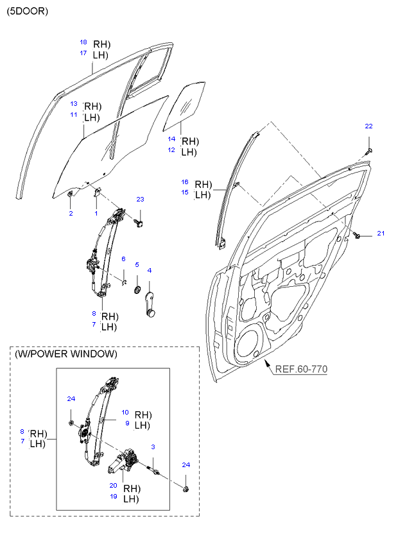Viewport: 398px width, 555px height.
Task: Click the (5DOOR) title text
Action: pyautogui.click(x=28, y=11)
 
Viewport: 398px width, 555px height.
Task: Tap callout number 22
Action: pyautogui.click(x=368, y=126)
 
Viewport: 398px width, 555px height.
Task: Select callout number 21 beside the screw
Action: pyautogui.click(x=379, y=233)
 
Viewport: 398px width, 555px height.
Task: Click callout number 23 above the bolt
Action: pyautogui.click(x=140, y=200)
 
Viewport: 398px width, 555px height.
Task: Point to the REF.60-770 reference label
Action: pyautogui.click(x=300, y=370)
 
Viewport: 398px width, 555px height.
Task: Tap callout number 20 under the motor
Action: pyautogui.click(x=113, y=486)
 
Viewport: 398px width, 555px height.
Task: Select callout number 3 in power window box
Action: pyautogui.click(x=153, y=447)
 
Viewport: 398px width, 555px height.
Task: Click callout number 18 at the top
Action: pyautogui.click(x=83, y=42)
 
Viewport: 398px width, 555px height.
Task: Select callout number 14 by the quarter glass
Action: pyautogui.click(x=171, y=139)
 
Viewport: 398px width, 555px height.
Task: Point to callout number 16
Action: pyautogui.click(x=184, y=182)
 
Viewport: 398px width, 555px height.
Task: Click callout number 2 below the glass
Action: pyautogui.click(x=71, y=213)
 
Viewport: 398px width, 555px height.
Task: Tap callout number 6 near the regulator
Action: pyautogui.click(x=123, y=259)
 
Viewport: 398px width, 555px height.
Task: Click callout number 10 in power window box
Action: pyautogui.click(x=125, y=413)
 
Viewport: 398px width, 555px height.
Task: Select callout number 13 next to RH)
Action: pyautogui.click(x=74, y=103)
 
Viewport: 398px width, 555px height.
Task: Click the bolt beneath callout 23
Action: pyautogui.click(x=139, y=223)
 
